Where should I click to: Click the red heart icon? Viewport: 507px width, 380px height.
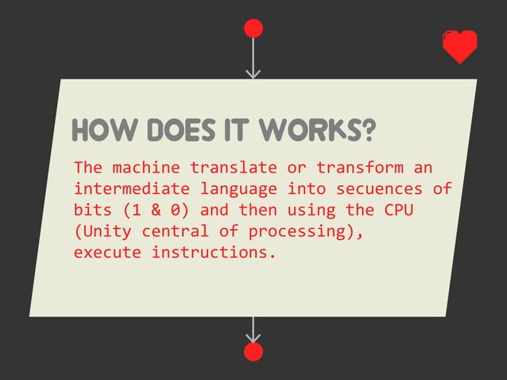click(459, 47)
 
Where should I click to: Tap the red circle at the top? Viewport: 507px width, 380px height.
click(253, 29)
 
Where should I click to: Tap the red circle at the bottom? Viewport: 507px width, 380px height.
click(253, 352)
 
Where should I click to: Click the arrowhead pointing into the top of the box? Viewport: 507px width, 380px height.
click(253, 74)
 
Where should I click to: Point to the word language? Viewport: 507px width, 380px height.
click(238, 190)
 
